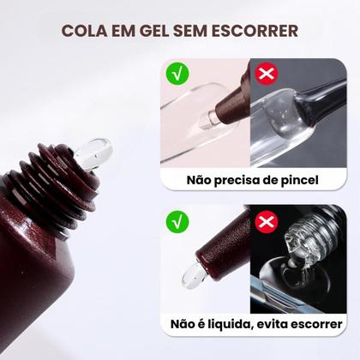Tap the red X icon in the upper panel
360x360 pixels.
pyautogui.click(x=267, y=74)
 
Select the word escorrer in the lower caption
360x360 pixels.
pyautogui.click(x=320, y=325)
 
